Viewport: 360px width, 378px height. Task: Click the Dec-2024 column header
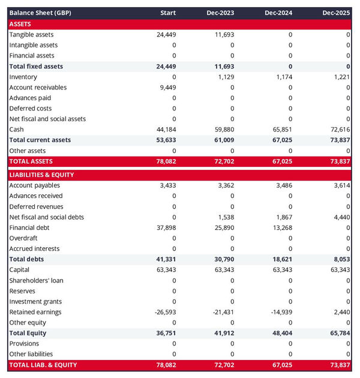coord(280,13)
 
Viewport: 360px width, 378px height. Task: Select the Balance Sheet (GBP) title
coord(40,13)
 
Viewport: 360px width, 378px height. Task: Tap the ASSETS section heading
coord(20,24)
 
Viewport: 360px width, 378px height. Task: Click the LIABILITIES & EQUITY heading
coord(41,175)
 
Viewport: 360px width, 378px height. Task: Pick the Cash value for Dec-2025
coord(339,130)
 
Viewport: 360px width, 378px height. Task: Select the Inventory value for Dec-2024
coord(282,77)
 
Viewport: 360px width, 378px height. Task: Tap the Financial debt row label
coord(29,227)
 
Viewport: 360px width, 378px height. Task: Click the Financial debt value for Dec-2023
coord(224,227)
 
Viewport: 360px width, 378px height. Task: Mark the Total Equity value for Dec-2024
coord(281,333)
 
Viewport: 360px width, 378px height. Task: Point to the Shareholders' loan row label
coord(36,280)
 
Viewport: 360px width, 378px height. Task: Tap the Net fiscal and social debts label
coord(47,217)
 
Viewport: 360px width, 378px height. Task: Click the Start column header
coord(168,13)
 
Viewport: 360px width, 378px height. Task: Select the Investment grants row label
coord(35,301)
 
